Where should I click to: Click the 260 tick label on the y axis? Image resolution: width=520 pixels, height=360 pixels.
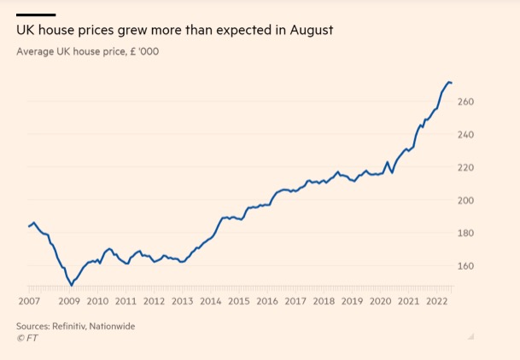point(466,102)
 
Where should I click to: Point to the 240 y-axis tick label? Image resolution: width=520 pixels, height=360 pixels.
point(466,135)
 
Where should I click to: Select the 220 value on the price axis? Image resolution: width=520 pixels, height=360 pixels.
point(466,167)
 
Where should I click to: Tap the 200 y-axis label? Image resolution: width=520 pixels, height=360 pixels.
point(466,200)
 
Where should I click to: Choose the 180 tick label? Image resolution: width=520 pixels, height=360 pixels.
point(466,233)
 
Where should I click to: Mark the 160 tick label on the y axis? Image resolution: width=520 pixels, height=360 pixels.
point(466,265)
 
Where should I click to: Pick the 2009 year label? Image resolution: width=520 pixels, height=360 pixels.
point(69,301)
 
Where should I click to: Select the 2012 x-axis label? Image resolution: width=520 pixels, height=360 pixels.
point(154,301)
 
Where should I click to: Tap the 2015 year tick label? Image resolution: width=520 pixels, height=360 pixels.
point(239,301)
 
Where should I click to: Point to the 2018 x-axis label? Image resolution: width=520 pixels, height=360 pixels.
point(324,301)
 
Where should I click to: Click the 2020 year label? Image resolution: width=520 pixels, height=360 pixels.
point(381,301)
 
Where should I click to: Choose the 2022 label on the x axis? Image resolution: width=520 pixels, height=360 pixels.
point(437,301)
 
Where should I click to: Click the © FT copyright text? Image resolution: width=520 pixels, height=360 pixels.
point(27,338)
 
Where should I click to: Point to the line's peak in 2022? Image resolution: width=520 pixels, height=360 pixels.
point(449,82)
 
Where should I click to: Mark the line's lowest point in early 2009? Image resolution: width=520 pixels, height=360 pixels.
point(72,284)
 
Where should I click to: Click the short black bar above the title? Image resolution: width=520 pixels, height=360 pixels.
point(36,15)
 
